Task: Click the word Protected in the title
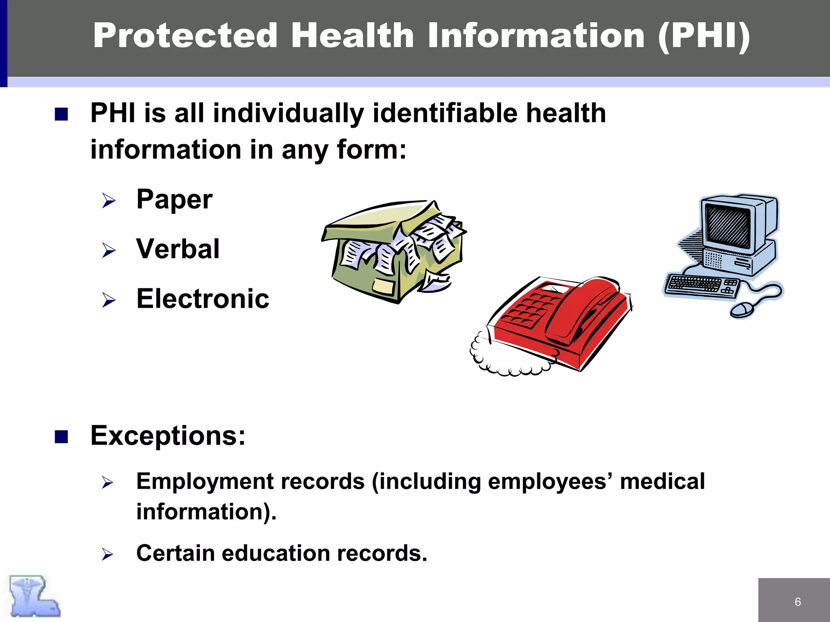185,36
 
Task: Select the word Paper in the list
174,199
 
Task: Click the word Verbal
178,249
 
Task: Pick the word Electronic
203,299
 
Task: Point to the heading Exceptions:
168,436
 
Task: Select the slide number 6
798,602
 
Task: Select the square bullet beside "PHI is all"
61,114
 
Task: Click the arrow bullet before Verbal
109,250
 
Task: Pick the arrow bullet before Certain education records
107,554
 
